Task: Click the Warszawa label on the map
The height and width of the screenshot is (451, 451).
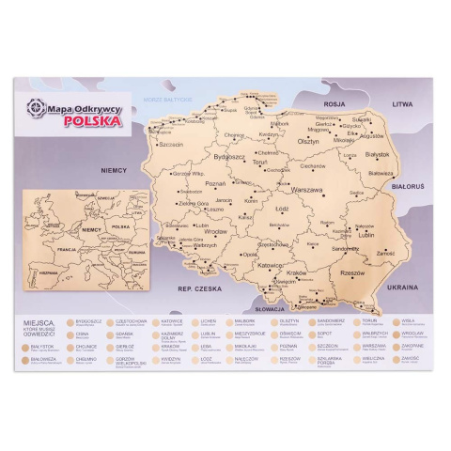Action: [306, 189]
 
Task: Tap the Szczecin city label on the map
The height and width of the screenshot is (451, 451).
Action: [171, 145]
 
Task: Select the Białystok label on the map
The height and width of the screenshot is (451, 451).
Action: [377, 153]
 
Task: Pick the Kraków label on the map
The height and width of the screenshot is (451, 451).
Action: [296, 272]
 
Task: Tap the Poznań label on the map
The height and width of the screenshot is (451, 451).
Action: [215, 184]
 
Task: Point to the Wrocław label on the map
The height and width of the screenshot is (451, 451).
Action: [216, 231]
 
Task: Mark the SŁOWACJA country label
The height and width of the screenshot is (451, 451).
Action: [269, 308]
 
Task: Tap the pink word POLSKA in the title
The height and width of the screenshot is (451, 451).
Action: [91, 120]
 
